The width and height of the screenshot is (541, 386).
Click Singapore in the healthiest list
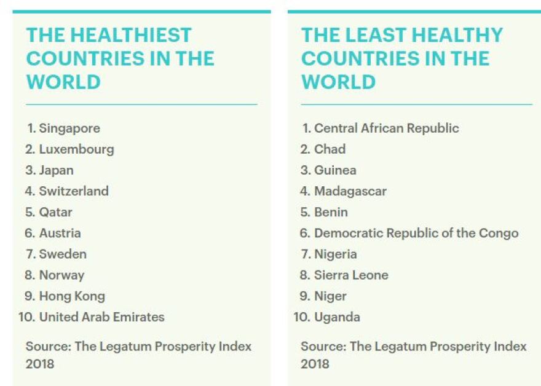[x=69, y=128]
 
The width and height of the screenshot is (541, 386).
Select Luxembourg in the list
[x=76, y=149]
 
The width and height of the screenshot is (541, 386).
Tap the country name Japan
[x=56, y=170]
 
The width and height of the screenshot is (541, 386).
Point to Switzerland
[x=74, y=191]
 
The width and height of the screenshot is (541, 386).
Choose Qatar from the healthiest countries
[x=56, y=212]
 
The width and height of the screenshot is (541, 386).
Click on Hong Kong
[x=72, y=296]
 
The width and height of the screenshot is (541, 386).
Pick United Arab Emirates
[x=102, y=317]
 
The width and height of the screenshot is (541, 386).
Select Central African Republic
[x=387, y=128]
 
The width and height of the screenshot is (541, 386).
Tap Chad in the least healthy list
[x=330, y=149]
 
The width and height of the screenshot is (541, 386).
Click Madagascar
[x=350, y=191]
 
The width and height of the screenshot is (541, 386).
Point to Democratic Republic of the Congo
[x=416, y=233]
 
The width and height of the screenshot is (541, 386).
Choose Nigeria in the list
[x=336, y=254]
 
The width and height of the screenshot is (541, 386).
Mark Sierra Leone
[x=351, y=275]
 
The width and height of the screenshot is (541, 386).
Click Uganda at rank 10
[x=337, y=317]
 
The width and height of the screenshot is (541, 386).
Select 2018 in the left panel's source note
[x=40, y=363]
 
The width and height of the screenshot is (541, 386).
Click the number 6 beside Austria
[x=30, y=233]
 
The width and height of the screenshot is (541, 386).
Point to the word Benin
[x=331, y=212]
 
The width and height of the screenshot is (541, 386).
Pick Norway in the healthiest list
[x=61, y=275]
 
